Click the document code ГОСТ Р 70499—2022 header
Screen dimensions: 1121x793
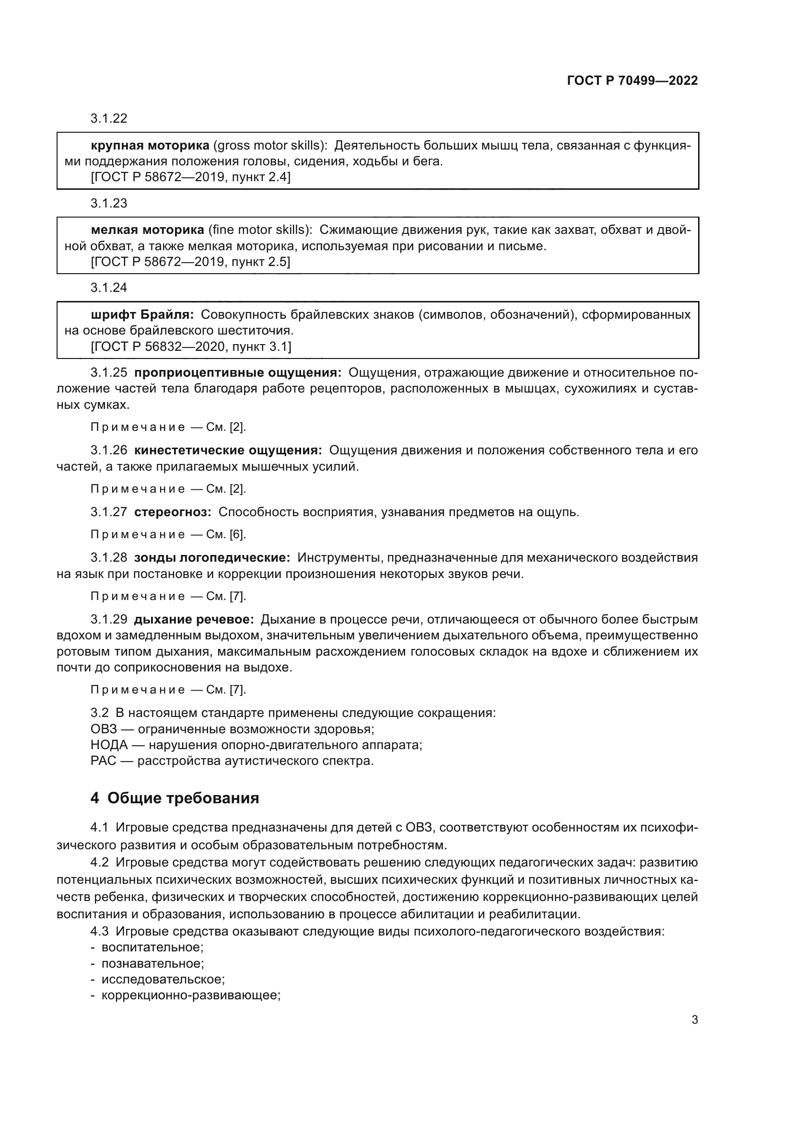coord(632,81)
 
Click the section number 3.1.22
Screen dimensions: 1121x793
coord(108,118)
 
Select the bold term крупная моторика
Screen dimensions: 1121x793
coord(150,146)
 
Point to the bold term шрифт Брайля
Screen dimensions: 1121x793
coord(142,314)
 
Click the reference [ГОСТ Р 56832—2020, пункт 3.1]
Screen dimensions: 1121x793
coord(191,347)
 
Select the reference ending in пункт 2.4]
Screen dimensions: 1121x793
coord(190,177)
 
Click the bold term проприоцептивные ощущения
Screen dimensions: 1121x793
coord(238,373)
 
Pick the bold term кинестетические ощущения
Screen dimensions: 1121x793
coord(228,450)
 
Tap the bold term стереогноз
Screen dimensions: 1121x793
coord(173,512)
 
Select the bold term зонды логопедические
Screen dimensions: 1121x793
coord(212,557)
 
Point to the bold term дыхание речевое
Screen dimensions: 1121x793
coord(194,620)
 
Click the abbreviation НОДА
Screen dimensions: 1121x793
coord(109,745)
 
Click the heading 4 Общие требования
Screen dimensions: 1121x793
coord(175,798)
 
